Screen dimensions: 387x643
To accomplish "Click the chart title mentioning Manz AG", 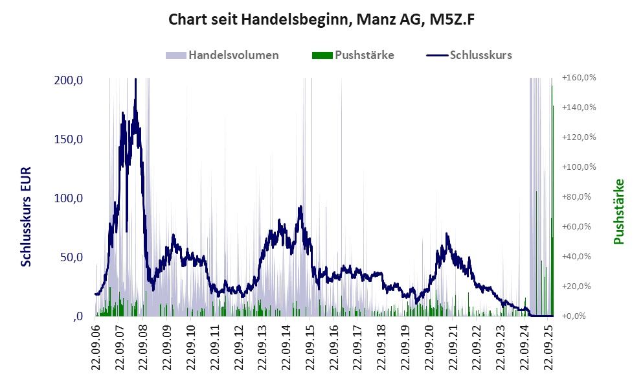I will [322, 19].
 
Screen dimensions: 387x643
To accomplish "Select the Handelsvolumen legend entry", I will [233, 55].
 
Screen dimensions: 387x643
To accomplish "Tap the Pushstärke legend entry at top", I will [365, 55].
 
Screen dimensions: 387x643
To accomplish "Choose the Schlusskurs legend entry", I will [480, 55].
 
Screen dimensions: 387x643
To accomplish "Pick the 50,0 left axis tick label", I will [71, 257].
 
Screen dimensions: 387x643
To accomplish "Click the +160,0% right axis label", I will [579, 78].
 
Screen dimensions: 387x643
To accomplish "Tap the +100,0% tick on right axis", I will [579, 167].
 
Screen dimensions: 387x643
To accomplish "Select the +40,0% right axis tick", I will [579, 257].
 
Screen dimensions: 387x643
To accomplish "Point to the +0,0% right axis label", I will [579, 316].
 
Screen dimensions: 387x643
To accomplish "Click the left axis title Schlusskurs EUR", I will [27, 217].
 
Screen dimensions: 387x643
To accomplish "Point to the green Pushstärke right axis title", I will [618, 212].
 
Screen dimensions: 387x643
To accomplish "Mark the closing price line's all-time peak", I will [135, 80].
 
